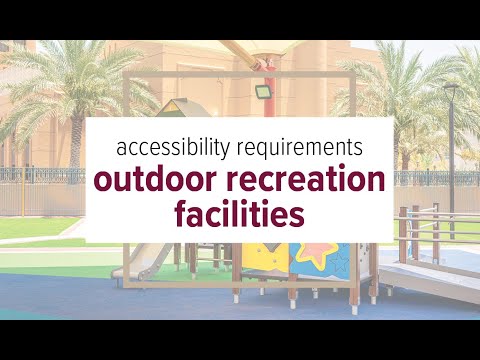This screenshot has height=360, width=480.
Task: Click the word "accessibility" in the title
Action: click(173, 148)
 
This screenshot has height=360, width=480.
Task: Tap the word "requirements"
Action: click(300, 148)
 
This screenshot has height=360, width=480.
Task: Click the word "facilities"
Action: click(240, 214)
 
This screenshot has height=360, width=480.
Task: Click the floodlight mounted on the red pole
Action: click(263, 91)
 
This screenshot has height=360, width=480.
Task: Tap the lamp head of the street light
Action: click(451, 86)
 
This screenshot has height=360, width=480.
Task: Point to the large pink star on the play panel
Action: click(317, 254)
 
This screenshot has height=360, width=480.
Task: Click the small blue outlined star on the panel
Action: click(339, 262)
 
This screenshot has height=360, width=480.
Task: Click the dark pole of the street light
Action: click(452, 163)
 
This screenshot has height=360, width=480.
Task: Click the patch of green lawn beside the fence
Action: click(37, 227)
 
